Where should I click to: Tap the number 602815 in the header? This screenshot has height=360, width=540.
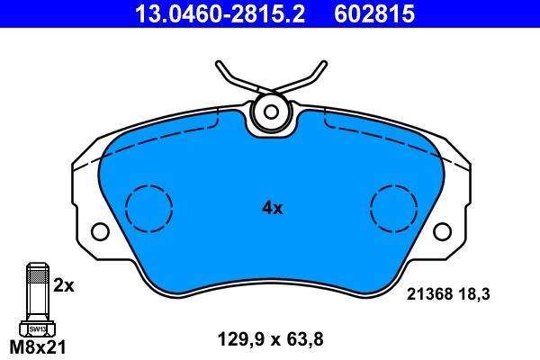pyautogui.click(x=374, y=13)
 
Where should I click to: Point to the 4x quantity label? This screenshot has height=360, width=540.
pyautogui.click(x=272, y=209)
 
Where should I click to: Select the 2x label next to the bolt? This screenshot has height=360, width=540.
pyautogui.click(x=63, y=285)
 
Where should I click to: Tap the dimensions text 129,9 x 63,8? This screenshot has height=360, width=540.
pyautogui.click(x=270, y=339)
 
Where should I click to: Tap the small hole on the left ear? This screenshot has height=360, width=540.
pyautogui.click(x=100, y=232)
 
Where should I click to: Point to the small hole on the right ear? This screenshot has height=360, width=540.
pyautogui.click(x=442, y=232)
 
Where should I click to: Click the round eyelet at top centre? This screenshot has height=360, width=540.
pyautogui.click(x=268, y=112)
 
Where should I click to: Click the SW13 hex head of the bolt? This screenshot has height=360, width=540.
pyautogui.click(x=37, y=328)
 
